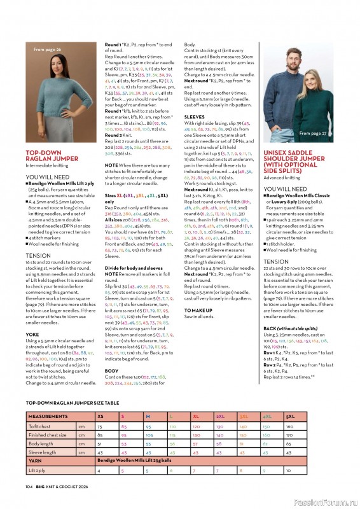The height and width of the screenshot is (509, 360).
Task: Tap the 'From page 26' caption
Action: [x=48, y=49]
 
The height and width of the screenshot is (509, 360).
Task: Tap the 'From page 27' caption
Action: [x=313, y=134]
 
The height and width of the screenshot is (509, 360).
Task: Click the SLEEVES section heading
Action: [x=195, y=117]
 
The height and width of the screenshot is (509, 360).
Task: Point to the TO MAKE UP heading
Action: [x=198, y=310]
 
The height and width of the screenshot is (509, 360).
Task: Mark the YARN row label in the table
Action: [x=36, y=461]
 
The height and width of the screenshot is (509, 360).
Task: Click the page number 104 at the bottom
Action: [x=29, y=485]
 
